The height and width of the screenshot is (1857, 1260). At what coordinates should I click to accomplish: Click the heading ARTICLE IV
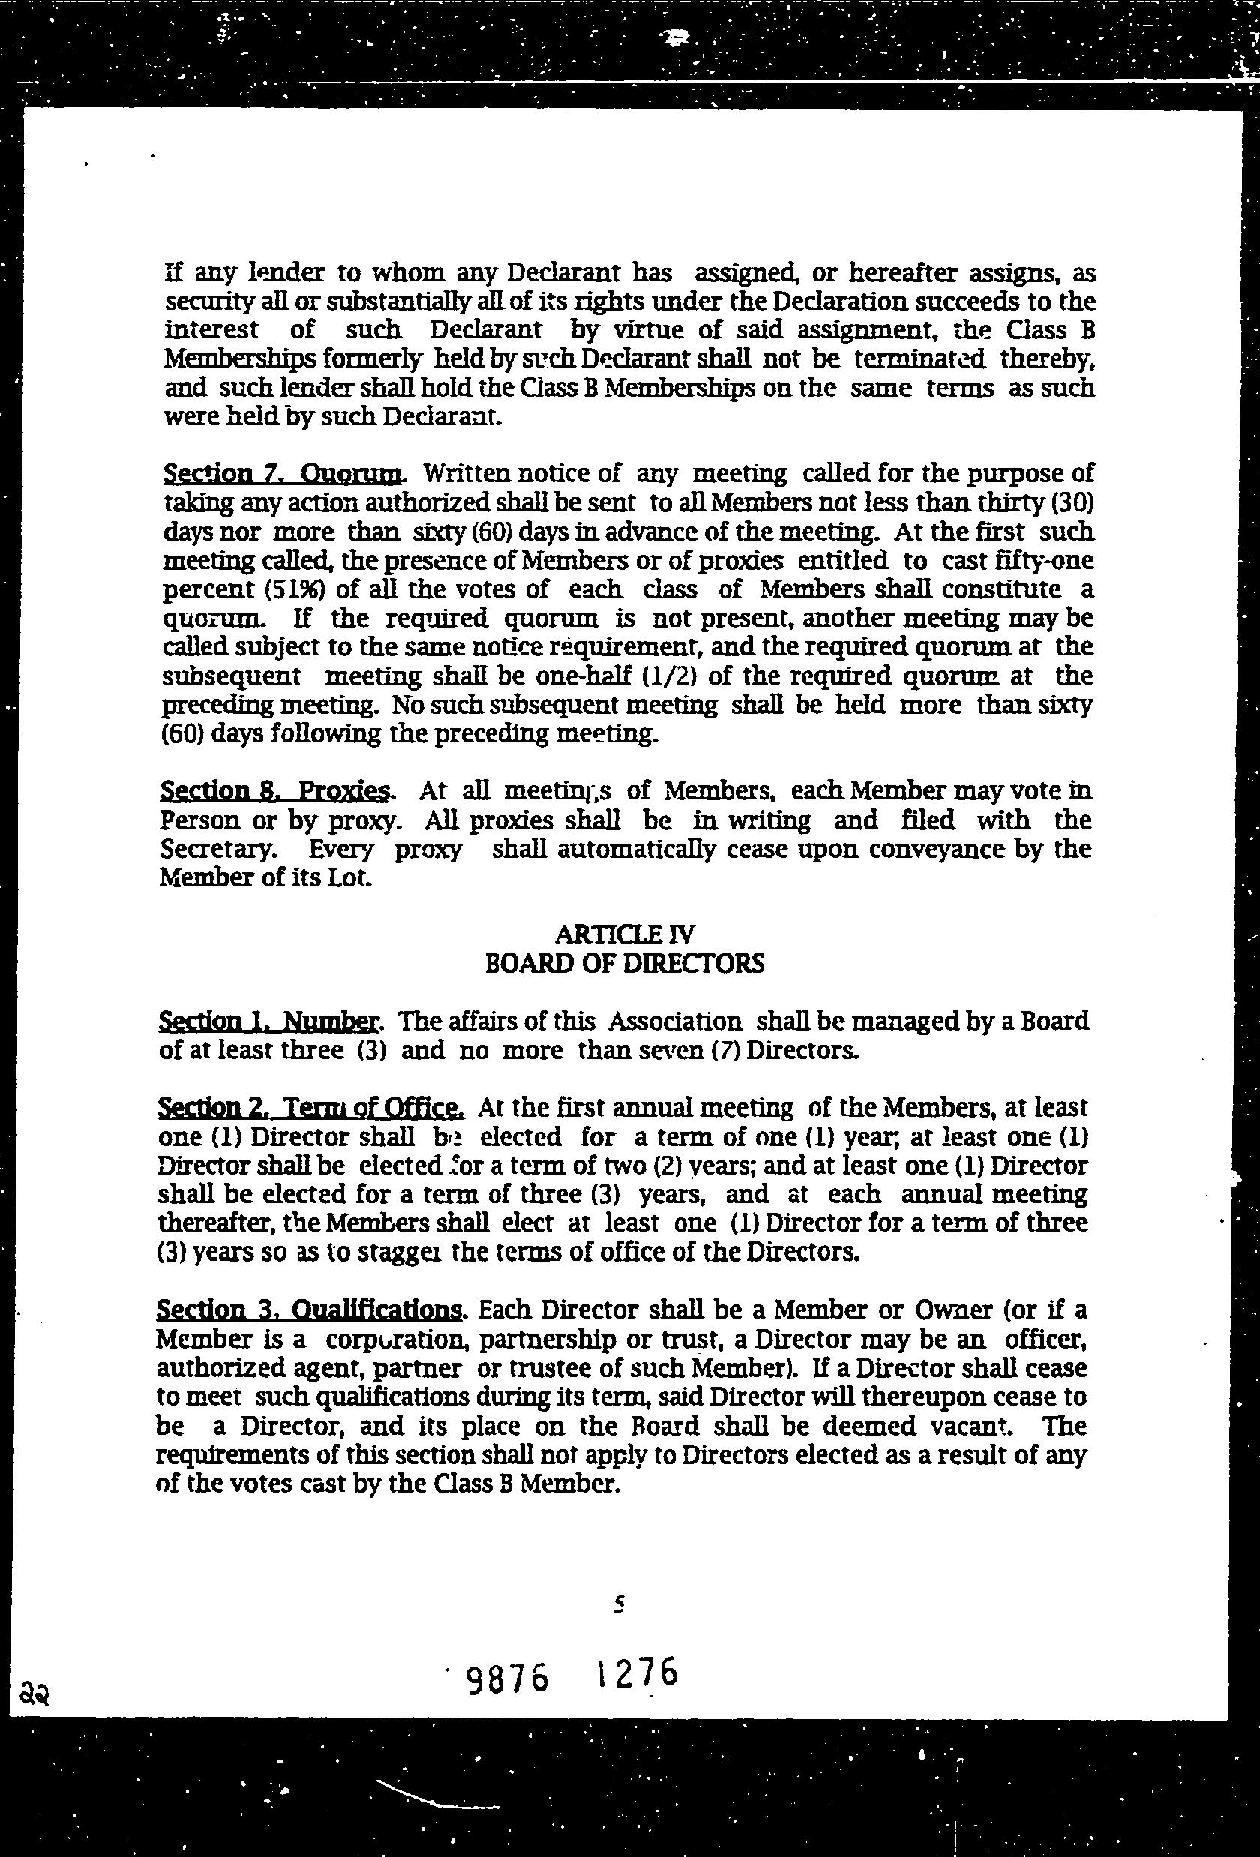[x=625, y=933]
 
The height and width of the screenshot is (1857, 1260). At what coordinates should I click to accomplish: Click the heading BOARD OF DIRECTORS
[x=625, y=963]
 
